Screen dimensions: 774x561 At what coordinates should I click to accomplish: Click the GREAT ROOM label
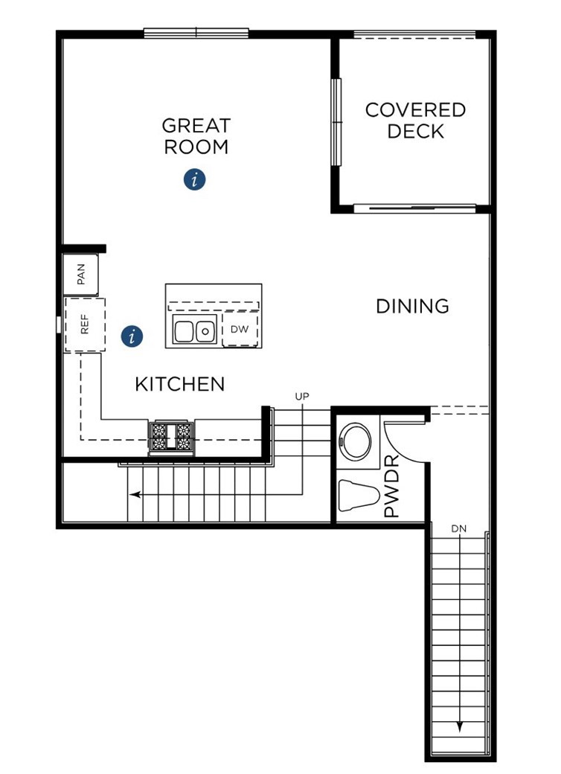(x=196, y=136)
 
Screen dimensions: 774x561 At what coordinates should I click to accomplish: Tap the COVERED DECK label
(x=415, y=121)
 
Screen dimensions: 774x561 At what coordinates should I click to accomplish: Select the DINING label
(x=412, y=306)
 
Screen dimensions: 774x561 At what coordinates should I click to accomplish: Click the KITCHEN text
(x=179, y=384)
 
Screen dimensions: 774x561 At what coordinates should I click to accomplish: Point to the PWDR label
(x=391, y=492)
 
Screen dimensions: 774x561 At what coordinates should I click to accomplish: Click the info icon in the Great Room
(x=195, y=179)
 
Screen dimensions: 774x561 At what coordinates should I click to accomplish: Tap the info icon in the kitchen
(x=132, y=336)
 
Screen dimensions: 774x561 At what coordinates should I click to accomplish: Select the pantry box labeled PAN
(x=81, y=275)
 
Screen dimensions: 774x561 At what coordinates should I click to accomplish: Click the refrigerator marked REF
(x=84, y=324)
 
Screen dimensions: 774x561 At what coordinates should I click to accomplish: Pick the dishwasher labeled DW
(x=240, y=329)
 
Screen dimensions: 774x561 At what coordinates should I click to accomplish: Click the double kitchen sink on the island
(x=194, y=330)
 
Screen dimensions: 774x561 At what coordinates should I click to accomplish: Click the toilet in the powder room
(x=359, y=495)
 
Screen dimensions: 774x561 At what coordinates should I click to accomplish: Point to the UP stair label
(x=301, y=397)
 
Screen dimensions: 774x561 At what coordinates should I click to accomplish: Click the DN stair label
(x=459, y=528)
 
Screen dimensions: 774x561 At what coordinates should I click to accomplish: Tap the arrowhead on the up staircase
(x=133, y=493)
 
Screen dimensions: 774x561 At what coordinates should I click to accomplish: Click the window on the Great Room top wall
(x=196, y=33)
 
